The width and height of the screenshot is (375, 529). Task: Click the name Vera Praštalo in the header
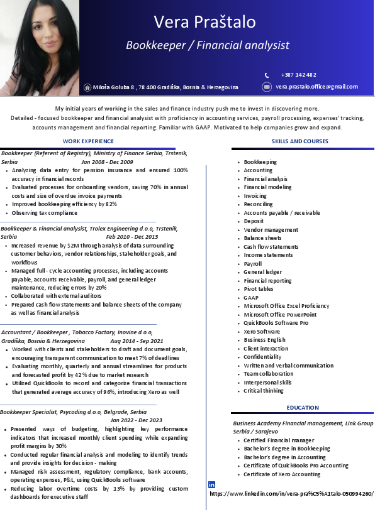pyautogui.click(x=205, y=22)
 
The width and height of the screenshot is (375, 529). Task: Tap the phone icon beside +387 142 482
pyautogui.click(x=267, y=75)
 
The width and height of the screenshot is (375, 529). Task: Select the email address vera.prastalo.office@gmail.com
pyautogui.click(x=316, y=87)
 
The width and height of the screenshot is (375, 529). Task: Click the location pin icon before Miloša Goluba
pyautogui.click(x=87, y=87)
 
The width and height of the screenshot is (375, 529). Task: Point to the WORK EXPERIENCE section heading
pyautogui.click(x=88, y=141)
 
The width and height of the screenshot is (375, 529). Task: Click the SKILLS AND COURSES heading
pyautogui.click(x=300, y=141)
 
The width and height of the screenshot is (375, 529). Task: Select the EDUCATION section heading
pyautogui.click(x=303, y=408)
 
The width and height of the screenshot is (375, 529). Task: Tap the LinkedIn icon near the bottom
pyautogui.click(x=211, y=484)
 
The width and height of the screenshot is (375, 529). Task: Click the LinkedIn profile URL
pyautogui.click(x=291, y=494)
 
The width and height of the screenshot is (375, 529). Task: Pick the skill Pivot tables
pyautogui.click(x=259, y=289)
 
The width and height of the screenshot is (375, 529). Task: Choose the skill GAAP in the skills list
pyautogui.click(x=251, y=298)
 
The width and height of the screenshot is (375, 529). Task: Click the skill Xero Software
pyautogui.click(x=262, y=332)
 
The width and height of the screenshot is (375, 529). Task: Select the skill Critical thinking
pyautogui.click(x=264, y=391)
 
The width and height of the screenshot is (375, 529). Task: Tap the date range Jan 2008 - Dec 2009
pyautogui.click(x=107, y=162)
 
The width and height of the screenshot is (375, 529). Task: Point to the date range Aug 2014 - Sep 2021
pyautogui.click(x=137, y=341)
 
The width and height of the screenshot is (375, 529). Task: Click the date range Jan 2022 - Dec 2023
pyautogui.click(x=137, y=420)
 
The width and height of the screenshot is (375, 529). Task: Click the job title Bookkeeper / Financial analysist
pyautogui.click(x=208, y=45)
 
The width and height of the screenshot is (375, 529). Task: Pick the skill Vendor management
pyautogui.click(x=271, y=230)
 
